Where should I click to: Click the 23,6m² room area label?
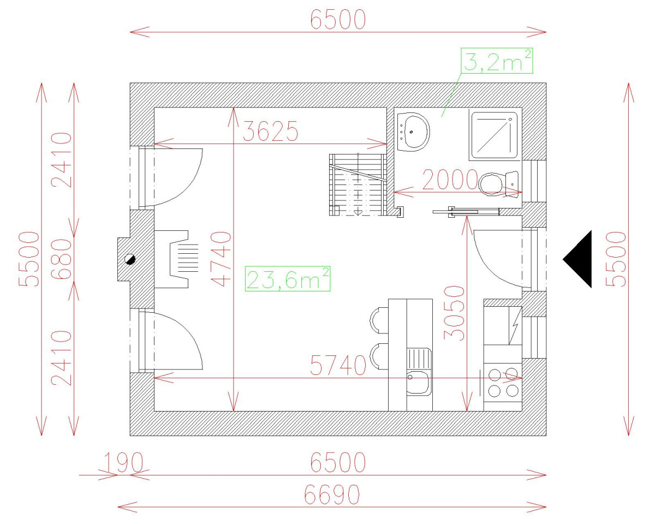288,279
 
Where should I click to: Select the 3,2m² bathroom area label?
497,61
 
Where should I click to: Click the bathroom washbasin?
414,132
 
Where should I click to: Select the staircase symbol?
358,184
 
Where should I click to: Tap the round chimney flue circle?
130,259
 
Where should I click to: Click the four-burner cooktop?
503,382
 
